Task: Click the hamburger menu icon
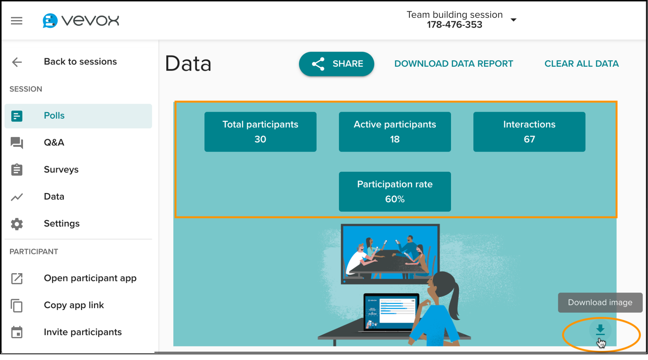pos(17,21)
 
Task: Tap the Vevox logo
pos(81,21)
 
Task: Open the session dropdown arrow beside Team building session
pos(514,20)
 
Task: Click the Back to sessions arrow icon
pos(17,62)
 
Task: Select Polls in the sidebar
pos(54,116)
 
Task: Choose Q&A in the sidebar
pos(54,143)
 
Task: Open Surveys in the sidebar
pos(61,169)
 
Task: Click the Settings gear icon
pos(17,224)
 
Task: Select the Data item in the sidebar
pos(54,197)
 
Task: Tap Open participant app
pos(90,278)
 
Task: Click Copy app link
pos(74,305)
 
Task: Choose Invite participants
pos(83,332)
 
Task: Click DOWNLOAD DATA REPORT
pos(454,64)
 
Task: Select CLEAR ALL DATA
pos(582,64)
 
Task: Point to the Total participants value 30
pos(260,139)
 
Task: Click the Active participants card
pos(395,132)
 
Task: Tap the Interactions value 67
pos(529,139)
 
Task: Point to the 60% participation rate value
pos(395,199)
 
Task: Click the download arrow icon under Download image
pos(600,330)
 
